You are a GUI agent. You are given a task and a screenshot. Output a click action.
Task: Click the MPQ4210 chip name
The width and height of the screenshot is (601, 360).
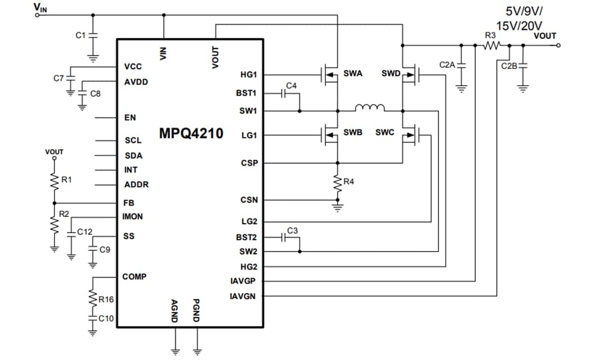tap(191, 134)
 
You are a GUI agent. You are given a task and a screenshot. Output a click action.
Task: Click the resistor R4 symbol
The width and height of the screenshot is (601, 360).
tap(337, 183)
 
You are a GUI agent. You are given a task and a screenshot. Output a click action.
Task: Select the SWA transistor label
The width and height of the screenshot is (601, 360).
tap(353, 73)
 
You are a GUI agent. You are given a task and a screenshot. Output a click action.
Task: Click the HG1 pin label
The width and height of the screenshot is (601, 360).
tap(248, 75)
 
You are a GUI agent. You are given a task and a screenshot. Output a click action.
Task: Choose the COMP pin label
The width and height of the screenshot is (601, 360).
tap(135, 277)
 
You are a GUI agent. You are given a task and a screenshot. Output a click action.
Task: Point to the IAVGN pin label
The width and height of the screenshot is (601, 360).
tap(243, 296)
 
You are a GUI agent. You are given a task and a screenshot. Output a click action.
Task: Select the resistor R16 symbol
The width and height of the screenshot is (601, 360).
tap(92, 299)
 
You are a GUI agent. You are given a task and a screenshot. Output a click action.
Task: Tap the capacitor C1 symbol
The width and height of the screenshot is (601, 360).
tap(93, 35)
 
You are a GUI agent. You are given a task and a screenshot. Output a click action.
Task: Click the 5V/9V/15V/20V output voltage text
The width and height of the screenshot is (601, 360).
tap(524, 18)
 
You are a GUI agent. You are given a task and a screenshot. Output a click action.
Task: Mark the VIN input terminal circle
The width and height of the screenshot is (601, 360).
tap(37, 15)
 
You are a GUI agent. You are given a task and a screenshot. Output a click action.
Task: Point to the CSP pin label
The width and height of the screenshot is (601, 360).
tap(249, 163)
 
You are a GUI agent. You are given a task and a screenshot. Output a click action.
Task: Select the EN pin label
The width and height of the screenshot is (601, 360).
tap(130, 118)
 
